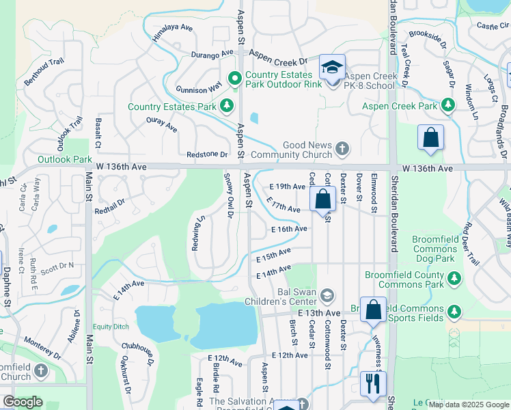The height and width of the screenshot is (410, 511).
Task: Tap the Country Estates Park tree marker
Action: point(227,106)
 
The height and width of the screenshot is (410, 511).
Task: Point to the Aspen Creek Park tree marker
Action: point(447,105)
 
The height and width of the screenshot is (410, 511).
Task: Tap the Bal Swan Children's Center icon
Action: point(327,295)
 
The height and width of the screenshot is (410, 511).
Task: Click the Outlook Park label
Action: point(64,159)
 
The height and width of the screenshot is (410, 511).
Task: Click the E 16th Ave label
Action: point(288,229)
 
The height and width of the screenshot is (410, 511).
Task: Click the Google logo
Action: point(23,402)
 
